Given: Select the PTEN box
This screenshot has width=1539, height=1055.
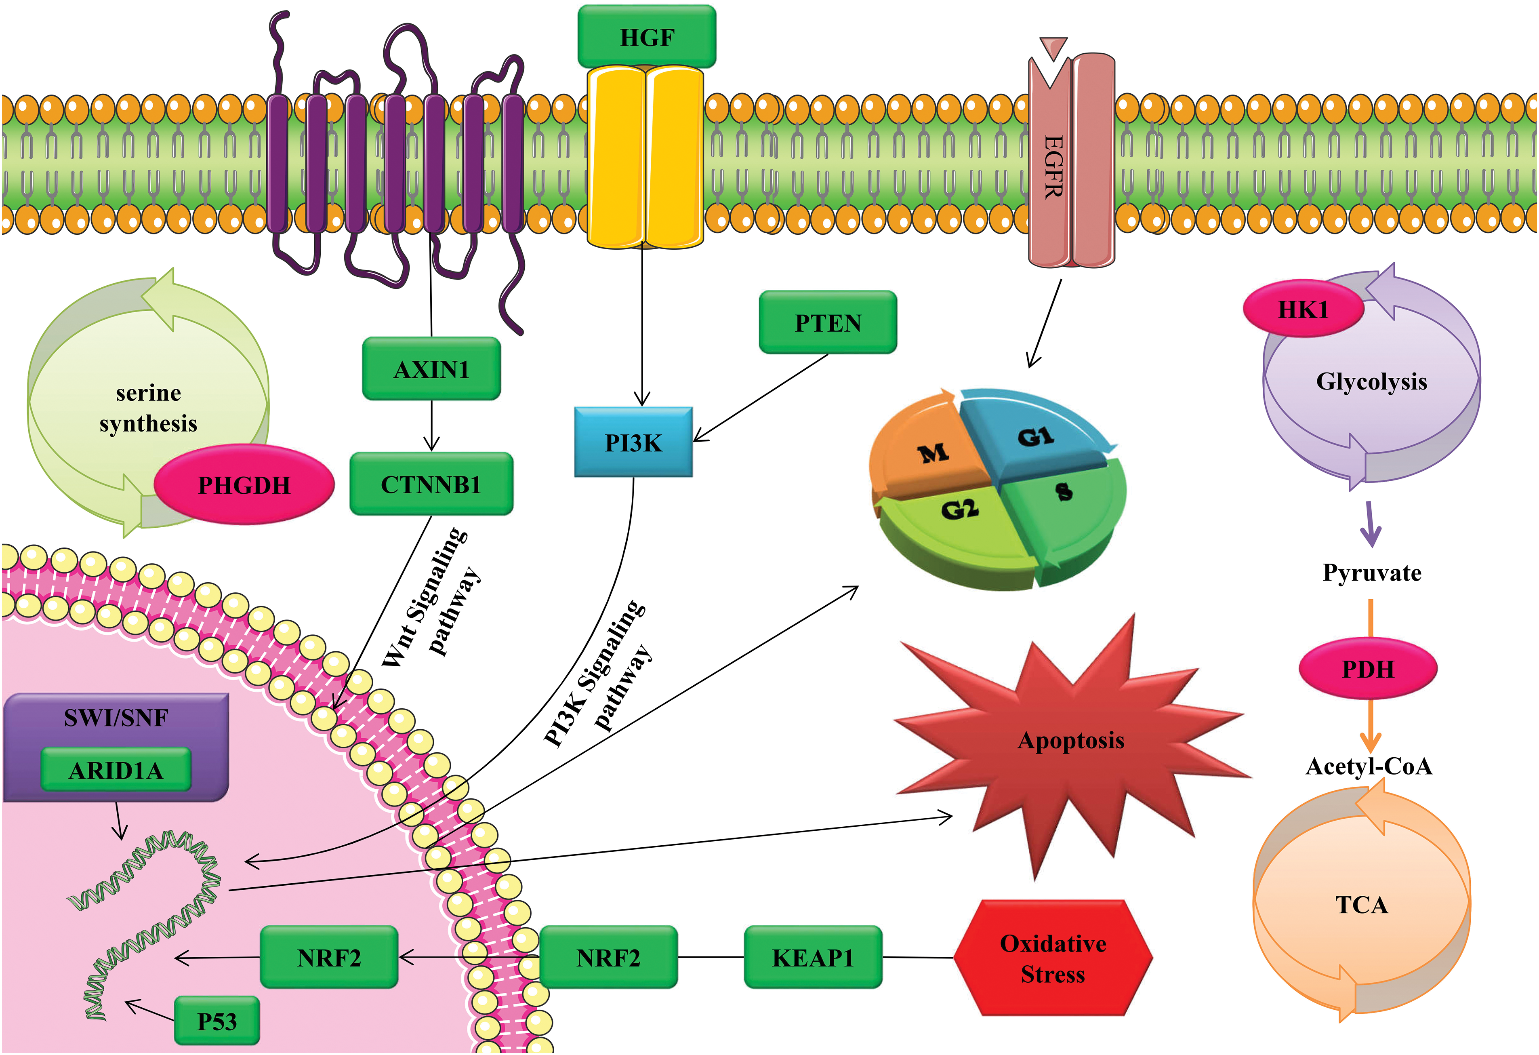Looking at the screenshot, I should pyautogui.click(x=828, y=322).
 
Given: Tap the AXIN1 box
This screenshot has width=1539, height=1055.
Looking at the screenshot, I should pyautogui.click(x=431, y=369).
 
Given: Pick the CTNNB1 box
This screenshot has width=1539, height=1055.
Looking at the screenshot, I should pyautogui.click(x=431, y=484).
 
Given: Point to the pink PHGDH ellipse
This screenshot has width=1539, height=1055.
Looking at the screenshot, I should pyautogui.click(x=244, y=485).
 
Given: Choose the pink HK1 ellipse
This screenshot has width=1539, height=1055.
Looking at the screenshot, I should pyautogui.click(x=1303, y=309).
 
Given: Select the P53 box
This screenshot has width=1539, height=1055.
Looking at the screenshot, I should pyautogui.click(x=217, y=1021).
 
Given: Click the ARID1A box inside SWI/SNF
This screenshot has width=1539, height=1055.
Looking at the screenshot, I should pyautogui.click(x=116, y=770).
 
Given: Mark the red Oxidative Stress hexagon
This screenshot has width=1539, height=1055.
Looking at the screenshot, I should pyautogui.click(x=1053, y=958).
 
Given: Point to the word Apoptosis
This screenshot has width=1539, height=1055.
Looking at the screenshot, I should pyautogui.click(x=1071, y=740).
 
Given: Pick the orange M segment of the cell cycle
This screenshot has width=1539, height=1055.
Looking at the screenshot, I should pyautogui.click(x=932, y=454).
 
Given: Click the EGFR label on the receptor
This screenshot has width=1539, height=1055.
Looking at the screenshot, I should pyautogui.click(x=1053, y=166).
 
